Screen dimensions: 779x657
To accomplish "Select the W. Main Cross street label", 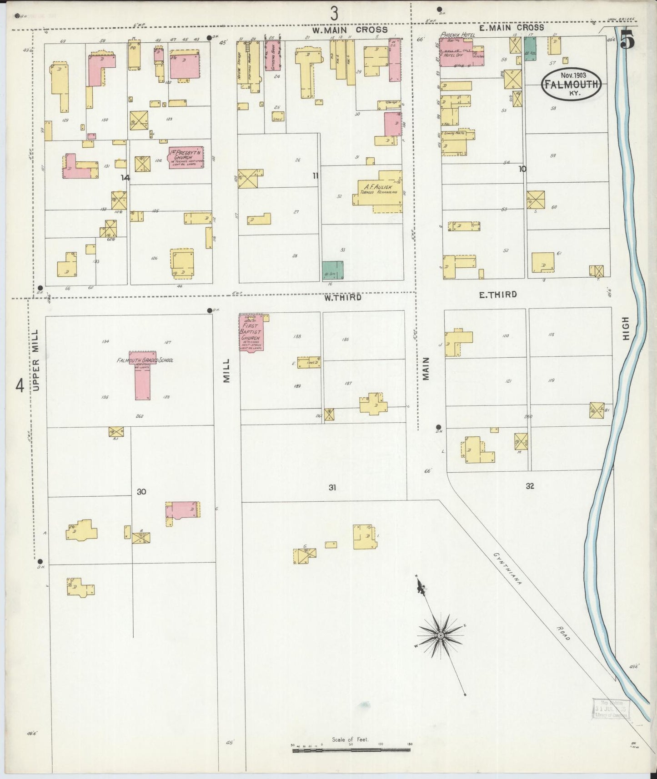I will (350, 30).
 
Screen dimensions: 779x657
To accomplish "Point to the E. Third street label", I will (498, 295).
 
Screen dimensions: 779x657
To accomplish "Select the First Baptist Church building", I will (251, 332).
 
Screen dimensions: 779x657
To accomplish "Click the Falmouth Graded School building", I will (142, 375).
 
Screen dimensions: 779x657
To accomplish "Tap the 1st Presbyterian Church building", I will (186, 157).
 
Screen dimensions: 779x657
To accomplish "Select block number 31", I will (332, 487).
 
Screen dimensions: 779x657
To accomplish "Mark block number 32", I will (530, 486).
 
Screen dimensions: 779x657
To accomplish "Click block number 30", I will (141, 491).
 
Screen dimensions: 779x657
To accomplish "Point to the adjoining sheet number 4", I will (20, 386).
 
